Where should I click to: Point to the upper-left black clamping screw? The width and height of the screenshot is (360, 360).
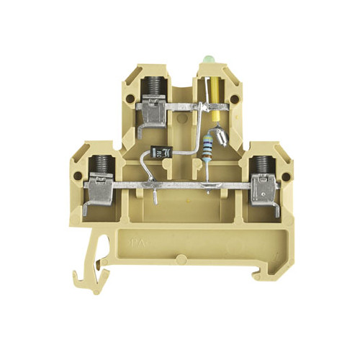152,89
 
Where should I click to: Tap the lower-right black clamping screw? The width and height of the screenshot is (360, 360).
261,167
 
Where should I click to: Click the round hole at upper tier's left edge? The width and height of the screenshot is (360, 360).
130,99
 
